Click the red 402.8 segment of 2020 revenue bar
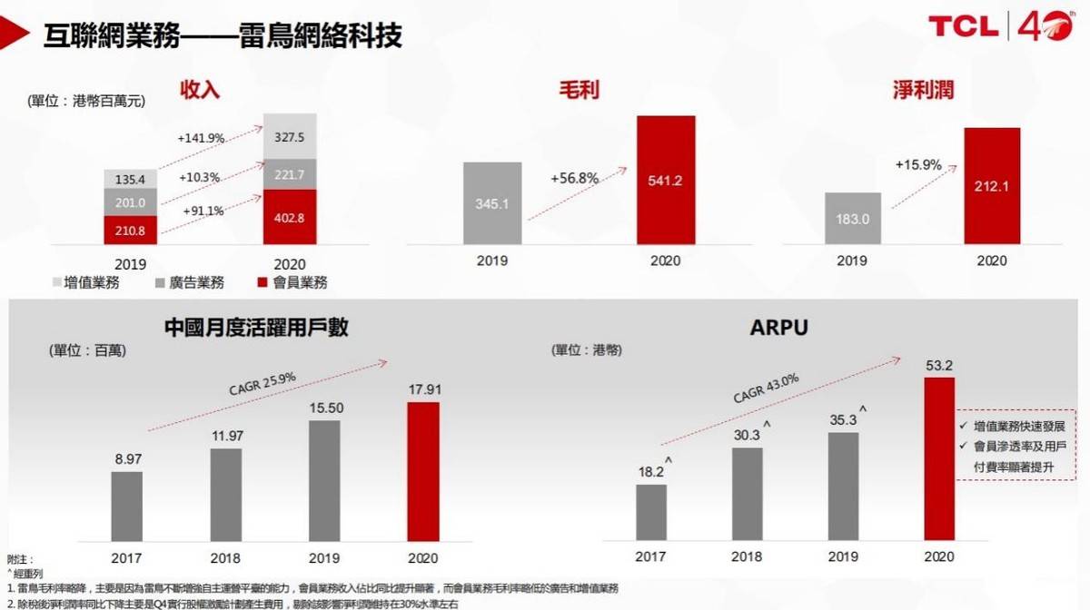[x=290, y=217]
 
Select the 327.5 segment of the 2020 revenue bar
[x=290, y=136]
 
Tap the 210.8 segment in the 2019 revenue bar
[x=131, y=230]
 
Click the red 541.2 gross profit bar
[x=667, y=180]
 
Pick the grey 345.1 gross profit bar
[x=493, y=203]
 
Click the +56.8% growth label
[x=574, y=179]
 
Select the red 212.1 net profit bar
[x=992, y=186]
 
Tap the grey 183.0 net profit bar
[x=852, y=218]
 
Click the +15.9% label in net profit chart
[x=918, y=166]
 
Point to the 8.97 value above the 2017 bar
[x=127, y=460]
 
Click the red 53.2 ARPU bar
[x=939, y=458]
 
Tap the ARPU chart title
[x=778, y=328]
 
